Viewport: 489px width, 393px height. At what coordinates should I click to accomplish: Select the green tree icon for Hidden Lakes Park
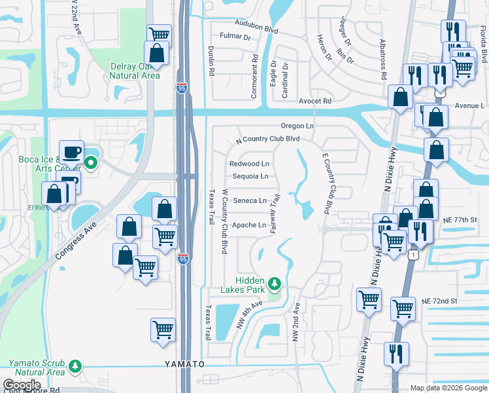(x=275, y=283)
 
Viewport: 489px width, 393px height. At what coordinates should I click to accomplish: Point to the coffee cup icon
(x=72, y=152)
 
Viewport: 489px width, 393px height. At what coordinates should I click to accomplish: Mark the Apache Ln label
(x=249, y=225)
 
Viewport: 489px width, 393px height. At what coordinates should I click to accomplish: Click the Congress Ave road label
(x=75, y=233)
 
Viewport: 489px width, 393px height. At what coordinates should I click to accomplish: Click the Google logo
(x=21, y=385)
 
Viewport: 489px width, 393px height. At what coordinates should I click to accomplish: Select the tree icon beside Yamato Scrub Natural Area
(x=76, y=365)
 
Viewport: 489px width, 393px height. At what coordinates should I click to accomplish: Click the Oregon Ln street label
(x=297, y=126)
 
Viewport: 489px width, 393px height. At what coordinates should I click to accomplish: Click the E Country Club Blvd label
(x=325, y=184)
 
